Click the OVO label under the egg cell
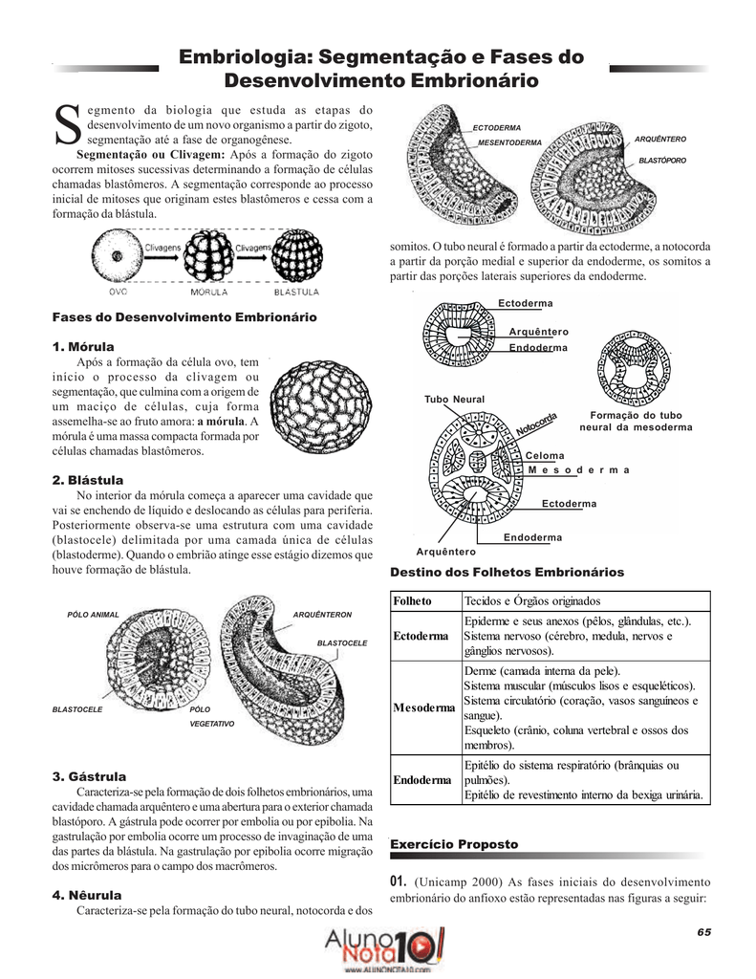(118, 292)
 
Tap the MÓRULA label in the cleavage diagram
(209, 292)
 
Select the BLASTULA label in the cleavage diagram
(296, 292)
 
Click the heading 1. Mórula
(83, 345)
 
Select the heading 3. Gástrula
(89, 775)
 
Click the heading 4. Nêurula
(87, 895)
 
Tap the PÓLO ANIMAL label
(93, 614)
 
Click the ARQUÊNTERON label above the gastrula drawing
(322, 614)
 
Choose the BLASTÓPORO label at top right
(662, 160)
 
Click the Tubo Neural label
(454, 399)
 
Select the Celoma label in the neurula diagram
(545, 456)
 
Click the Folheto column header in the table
(413, 600)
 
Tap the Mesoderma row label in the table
(424, 707)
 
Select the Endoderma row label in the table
(422, 780)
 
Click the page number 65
(704, 931)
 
